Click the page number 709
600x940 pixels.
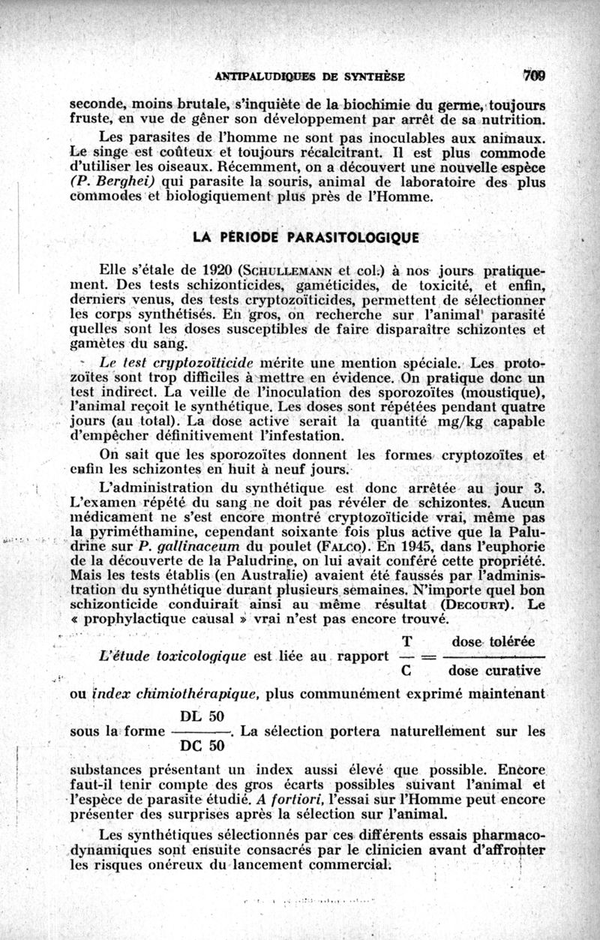[535, 75]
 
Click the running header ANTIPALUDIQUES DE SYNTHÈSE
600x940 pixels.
[310, 76]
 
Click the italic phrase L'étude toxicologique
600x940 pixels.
[172, 656]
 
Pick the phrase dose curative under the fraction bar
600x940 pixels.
[491, 671]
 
